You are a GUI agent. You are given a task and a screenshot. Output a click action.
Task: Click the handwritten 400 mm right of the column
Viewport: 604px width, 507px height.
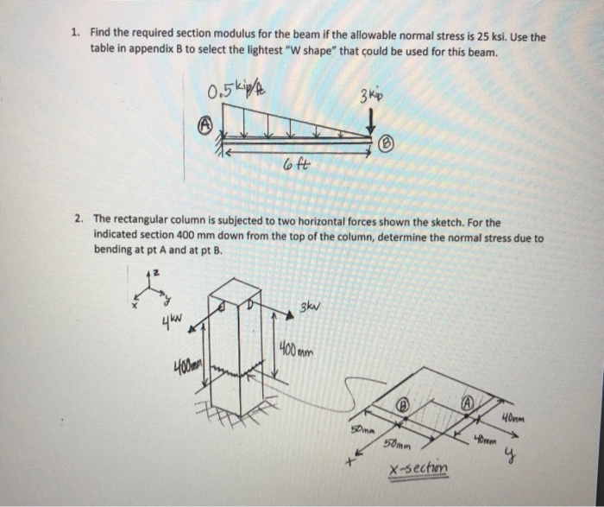click(x=295, y=351)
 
